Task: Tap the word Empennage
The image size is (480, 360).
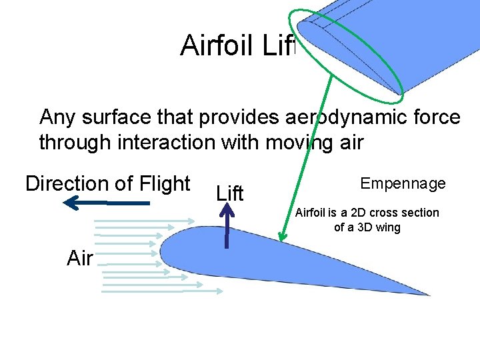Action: [x=403, y=183]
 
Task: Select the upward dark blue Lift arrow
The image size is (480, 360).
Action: [x=227, y=227]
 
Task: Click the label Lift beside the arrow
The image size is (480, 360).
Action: [x=230, y=193]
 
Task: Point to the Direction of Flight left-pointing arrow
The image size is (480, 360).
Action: [x=107, y=202]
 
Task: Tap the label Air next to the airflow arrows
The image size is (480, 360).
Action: [x=80, y=258]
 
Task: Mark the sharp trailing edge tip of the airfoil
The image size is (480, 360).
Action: [x=428, y=295]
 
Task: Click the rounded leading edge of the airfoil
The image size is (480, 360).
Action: [x=162, y=254]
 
